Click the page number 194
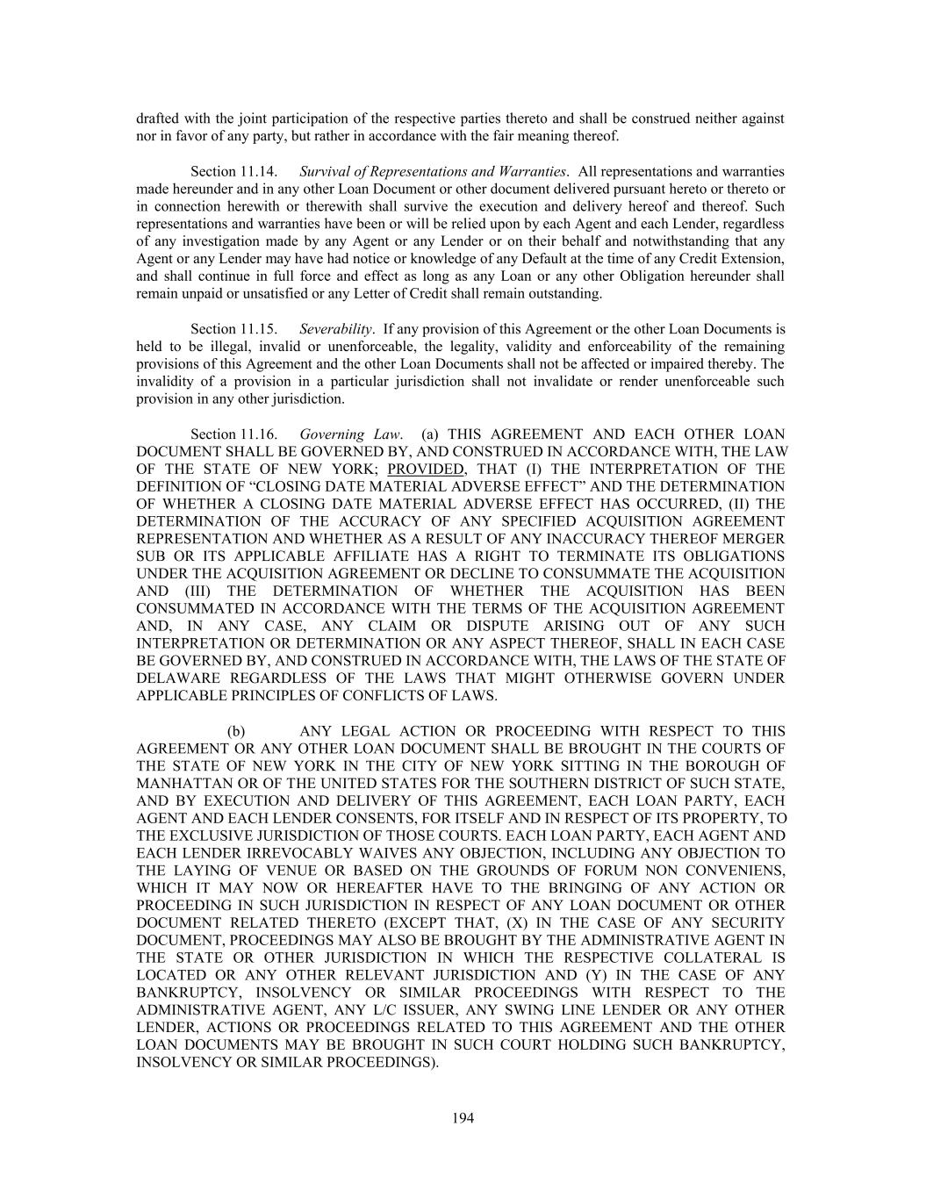coord(463,1117)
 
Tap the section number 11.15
coord(260,329)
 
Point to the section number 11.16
coord(260,434)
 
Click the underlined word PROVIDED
coord(425,469)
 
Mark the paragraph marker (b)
coord(236,731)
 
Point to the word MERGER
coord(752,538)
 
